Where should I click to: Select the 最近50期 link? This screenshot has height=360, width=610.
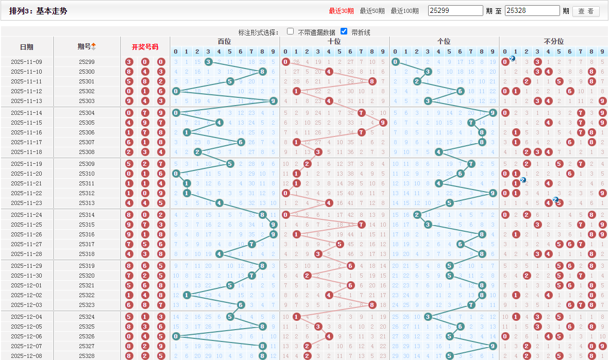(x=372, y=11)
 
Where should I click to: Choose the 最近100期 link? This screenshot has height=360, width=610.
(x=404, y=11)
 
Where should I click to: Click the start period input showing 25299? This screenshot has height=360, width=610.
(x=455, y=11)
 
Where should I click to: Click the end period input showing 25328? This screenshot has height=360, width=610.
(x=532, y=11)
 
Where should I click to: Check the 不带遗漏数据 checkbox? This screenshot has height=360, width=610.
(x=291, y=31)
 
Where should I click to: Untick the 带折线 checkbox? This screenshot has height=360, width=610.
(x=344, y=31)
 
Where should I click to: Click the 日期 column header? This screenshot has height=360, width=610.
(x=27, y=47)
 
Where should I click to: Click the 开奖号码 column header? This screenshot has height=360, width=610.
(x=145, y=47)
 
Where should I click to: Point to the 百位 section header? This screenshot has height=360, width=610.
(x=225, y=41)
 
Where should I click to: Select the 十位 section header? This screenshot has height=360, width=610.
(x=334, y=41)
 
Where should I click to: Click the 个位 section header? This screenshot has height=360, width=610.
(x=444, y=41)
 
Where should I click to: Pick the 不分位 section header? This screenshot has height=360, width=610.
(x=553, y=41)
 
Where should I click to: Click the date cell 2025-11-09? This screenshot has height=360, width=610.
(x=27, y=62)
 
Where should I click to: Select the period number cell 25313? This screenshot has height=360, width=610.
(x=87, y=203)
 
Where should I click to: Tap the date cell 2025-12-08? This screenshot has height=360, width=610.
(x=27, y=356)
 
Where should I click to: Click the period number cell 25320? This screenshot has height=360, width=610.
(x=87, y=276)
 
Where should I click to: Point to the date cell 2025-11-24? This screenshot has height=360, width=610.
(x=27, y=215)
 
